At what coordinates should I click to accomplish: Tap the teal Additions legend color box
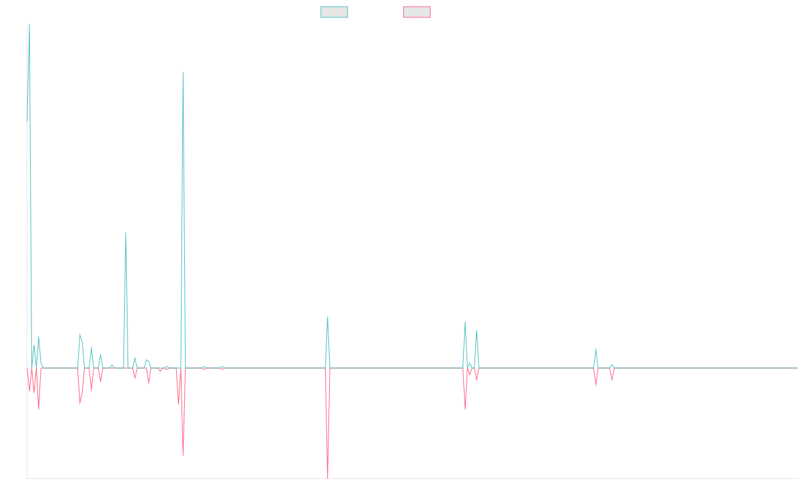click(x=334, y=12)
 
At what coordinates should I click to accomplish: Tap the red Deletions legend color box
click(x=417, y=12)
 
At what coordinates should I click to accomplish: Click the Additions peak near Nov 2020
click(x=183, y=72)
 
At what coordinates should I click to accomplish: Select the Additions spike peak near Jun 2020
click(x=125, y=232)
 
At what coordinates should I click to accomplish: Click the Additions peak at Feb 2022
click(x=327, y=317)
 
